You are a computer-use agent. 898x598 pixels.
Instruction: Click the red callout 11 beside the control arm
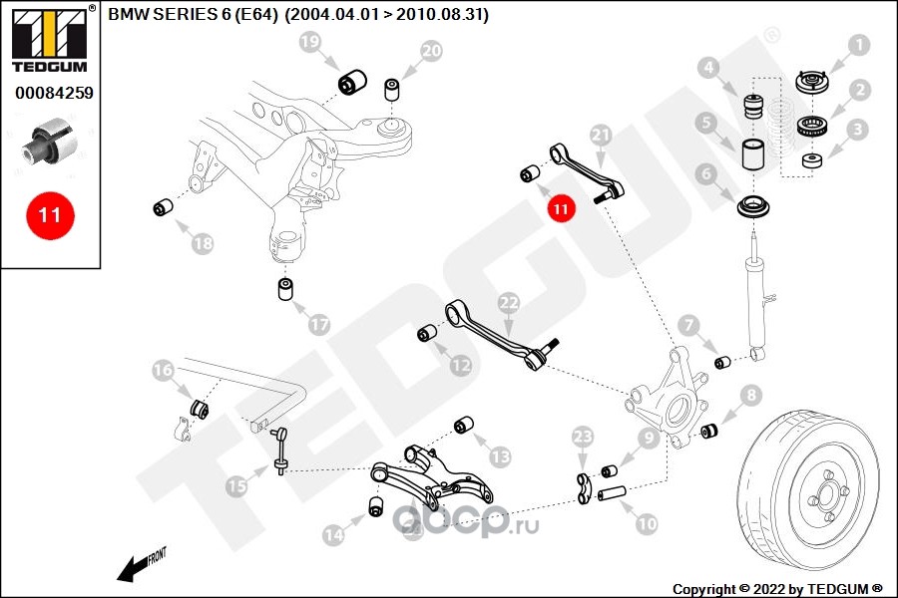pos(561,208)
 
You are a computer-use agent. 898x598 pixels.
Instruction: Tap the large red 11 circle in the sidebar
pos(50,215)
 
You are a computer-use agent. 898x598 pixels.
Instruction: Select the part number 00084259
pos(54,93)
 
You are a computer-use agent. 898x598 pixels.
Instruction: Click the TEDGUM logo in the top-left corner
pos(50,39)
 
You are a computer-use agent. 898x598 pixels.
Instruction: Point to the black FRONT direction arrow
pos(141,565)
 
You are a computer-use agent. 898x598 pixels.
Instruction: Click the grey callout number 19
pos(310,41)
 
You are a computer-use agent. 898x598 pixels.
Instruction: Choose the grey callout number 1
pos(858,45)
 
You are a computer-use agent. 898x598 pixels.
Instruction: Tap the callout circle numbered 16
pos(163,370)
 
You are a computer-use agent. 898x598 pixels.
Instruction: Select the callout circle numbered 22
pos(509,303)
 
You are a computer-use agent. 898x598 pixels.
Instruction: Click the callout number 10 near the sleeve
pos(647,523)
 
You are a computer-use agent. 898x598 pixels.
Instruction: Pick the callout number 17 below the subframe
pos(319,325)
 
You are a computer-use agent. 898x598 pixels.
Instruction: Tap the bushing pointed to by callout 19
pos(353,83)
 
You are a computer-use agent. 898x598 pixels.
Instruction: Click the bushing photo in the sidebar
pos(49,142)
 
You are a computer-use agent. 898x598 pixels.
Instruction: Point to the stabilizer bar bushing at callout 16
pos(199,408)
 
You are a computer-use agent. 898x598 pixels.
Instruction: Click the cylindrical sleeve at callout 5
pos(755,153)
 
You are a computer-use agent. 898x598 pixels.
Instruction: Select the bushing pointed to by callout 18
pos(165,206)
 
